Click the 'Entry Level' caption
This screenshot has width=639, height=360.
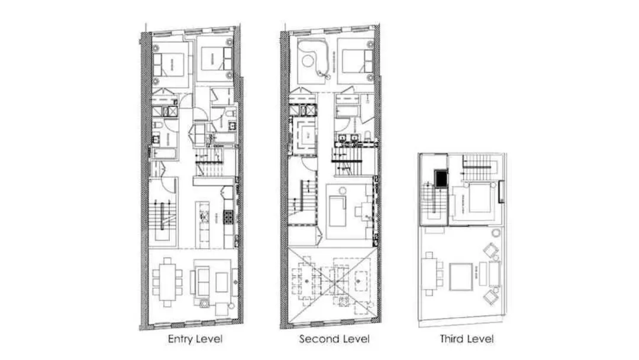point(195,339)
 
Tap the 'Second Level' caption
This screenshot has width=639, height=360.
point(334,339)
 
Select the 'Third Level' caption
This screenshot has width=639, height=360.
point(466,339)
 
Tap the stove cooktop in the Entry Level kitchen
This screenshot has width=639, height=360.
point(228,217)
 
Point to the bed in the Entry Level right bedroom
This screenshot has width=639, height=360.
point(214,59)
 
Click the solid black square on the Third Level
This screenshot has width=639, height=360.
point(441,179)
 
